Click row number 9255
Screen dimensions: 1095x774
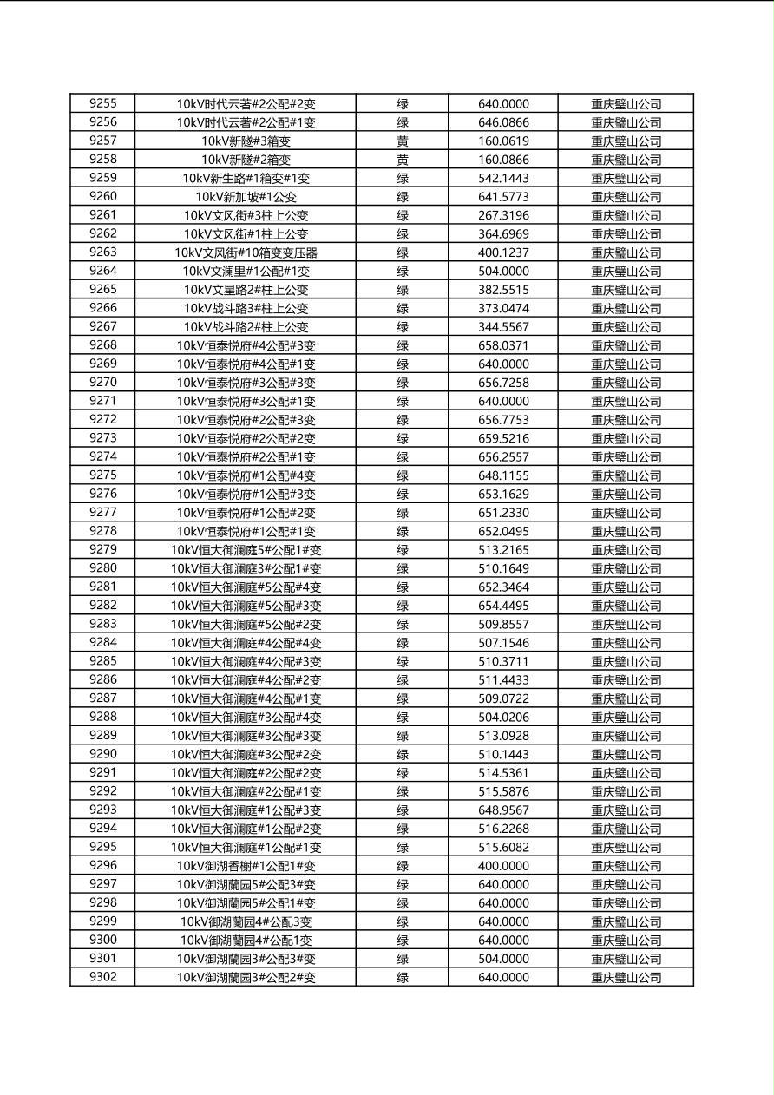pyautogui.click(x=102, y=104)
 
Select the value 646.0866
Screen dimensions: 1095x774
pyautogui.click(x=503, y=123)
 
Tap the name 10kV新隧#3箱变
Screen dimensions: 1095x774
pyautogui.click(x=246, y=141)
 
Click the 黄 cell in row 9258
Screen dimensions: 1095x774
pyautogui.click(x=403, y=160)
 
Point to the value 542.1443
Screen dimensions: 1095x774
pyautogui.click(x=503, y=179)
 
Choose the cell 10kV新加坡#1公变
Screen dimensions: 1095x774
pyautogui.click(x=246, y=197)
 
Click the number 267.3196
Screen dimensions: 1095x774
pyautogui.click(x=503, y=215)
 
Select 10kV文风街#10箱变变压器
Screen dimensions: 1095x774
pyautogui.click(x=246, y=252)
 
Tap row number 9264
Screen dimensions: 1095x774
pyautogui.click(x=102, y=271)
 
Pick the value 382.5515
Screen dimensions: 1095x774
pyautogui.click(x=503, y=290)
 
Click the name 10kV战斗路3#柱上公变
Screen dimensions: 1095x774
pyautogui.click(x=246, y=308)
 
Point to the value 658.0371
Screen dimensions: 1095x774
pyautogui.click(x=503, y=345)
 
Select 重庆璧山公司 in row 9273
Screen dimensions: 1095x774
pyautogui.click(x=626, y=438)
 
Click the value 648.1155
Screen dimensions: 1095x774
pyautogui.click(x=503, y=475)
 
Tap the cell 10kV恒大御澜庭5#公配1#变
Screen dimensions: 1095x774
pyautogui.click(x=246, y=550)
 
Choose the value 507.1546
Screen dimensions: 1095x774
pyautogui.click(x=503, y=643)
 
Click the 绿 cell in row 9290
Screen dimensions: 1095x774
pyautogui.click(x=403, y=755)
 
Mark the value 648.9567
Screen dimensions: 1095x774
pyautogui.click(x=503, y=810)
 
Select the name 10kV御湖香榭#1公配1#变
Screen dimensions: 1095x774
pyautogui.click(x=246, y=866)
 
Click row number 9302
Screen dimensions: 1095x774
pyautogui.click(x=102, y=977)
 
